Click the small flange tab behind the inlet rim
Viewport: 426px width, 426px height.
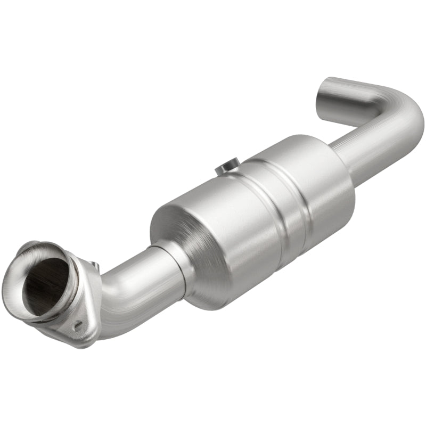coord(94,265)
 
